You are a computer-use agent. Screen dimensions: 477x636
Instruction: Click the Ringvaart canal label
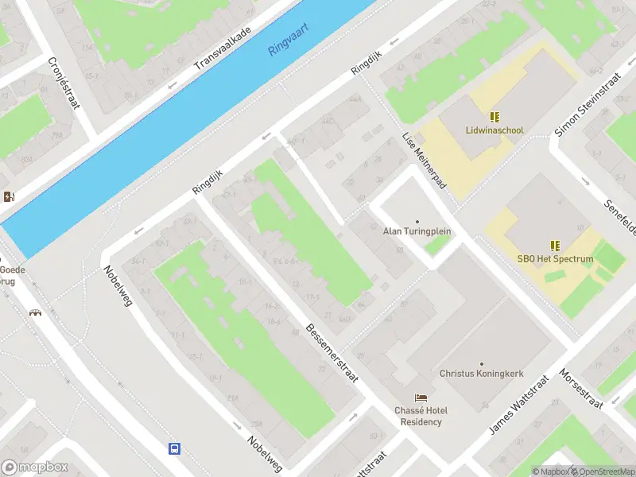point(288,38)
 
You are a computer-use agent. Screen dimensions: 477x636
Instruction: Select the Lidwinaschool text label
point(494,130)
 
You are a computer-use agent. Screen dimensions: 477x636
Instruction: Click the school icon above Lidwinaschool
point(494,117)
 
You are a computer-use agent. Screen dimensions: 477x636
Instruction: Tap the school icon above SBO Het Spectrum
point(555,246)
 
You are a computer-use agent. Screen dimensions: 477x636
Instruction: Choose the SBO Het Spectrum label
point(555,259)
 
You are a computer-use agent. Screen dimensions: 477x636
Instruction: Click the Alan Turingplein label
point(417,231)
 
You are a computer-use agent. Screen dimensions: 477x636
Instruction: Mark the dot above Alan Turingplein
point(417,221)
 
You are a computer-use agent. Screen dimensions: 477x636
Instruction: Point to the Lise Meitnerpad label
point(425,165)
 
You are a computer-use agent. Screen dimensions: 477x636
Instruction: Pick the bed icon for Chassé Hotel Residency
point(421,397)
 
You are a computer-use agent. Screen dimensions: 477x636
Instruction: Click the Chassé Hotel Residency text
point(421,416)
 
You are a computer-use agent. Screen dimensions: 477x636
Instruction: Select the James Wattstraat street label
point(518,405)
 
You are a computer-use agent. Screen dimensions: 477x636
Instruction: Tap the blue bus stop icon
point(174,448)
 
